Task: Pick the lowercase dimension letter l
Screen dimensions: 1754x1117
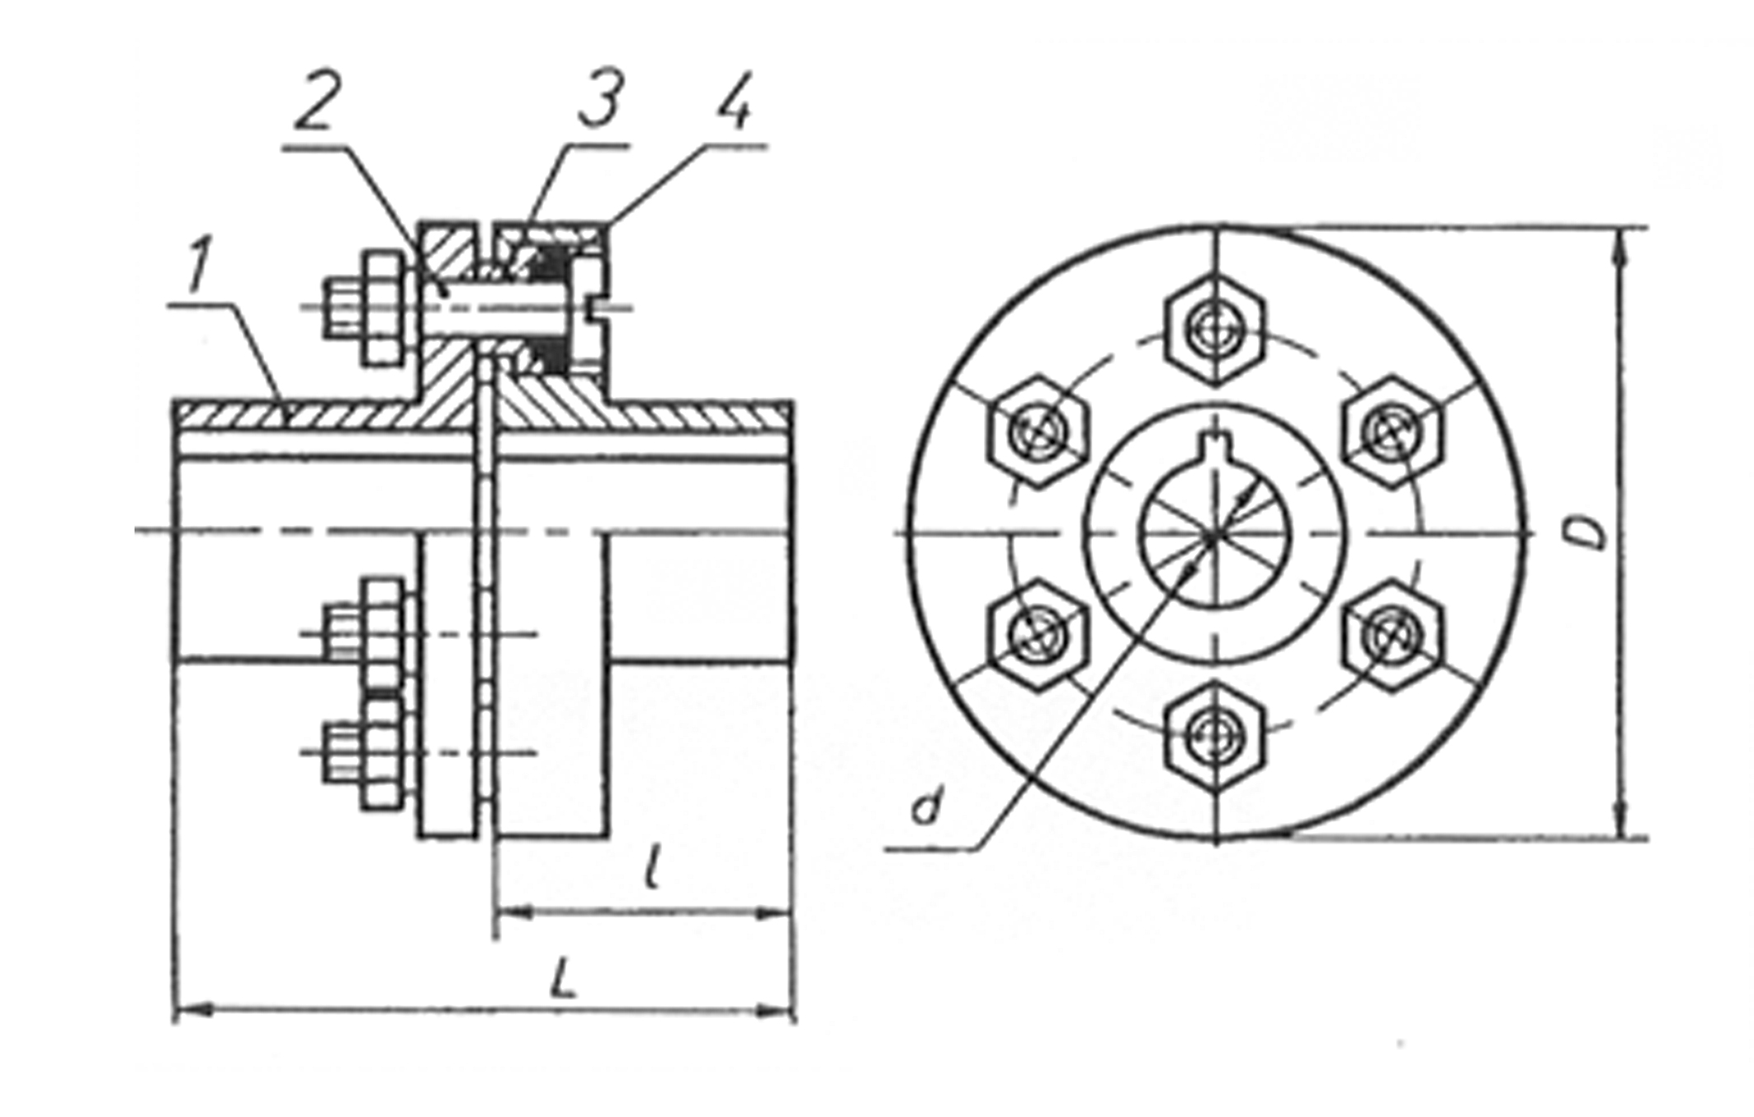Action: [x=654, y=864]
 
